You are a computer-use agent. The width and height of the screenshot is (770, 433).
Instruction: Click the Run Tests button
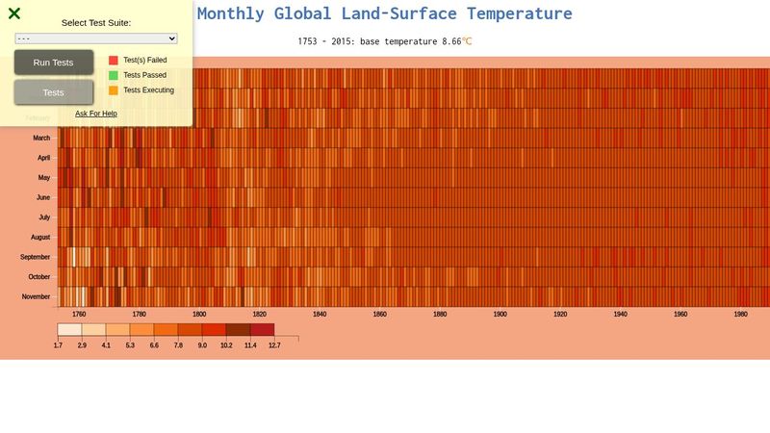pyautogui.click(x=54, y=63)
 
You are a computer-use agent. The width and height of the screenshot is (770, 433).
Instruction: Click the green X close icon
pyautogui.click(x=14, y=13)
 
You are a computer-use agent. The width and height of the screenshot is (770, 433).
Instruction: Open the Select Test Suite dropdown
pyautogui.click(x=96, y=38)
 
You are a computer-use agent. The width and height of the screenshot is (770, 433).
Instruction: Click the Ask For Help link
pyautogui.click(x=96, y=114)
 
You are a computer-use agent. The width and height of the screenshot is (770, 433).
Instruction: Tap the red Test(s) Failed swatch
pyautogui.click(x=114, y=60)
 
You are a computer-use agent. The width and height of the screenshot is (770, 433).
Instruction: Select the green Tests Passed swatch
pyautogui.click(x=114, y=75)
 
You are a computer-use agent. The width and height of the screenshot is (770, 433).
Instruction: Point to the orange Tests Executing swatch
pyautogui.click(x=114, y=90)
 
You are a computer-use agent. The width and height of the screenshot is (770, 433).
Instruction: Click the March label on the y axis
pyautogui.click(x=42, y=138)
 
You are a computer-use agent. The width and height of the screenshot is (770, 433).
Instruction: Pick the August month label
pyautogui.click(x=40, y=237)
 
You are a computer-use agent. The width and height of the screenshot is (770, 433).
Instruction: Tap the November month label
pyautogui.click(x=37, y=296)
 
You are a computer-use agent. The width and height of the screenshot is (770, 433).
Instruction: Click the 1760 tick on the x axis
pyautogui.click(x=79, y=315)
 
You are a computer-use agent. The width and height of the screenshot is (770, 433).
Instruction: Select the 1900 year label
pyautogui.click(x=500, y=315)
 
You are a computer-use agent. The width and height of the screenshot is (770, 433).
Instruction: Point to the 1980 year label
pyautogui.click(x=741, y=315)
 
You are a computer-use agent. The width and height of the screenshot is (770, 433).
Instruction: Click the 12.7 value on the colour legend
pyautogui.click(x=274, y=344)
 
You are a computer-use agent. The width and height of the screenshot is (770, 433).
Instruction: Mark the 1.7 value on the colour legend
pyautogui.click(x=58, y=344)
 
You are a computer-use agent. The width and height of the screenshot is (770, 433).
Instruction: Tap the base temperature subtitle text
pyautogui.click(x=385, y=41)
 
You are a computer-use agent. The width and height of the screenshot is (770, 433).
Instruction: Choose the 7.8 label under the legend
pyautogui.click(x=178, y=344)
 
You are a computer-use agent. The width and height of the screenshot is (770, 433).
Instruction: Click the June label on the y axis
pyautogui.click(x=43, y=197)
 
